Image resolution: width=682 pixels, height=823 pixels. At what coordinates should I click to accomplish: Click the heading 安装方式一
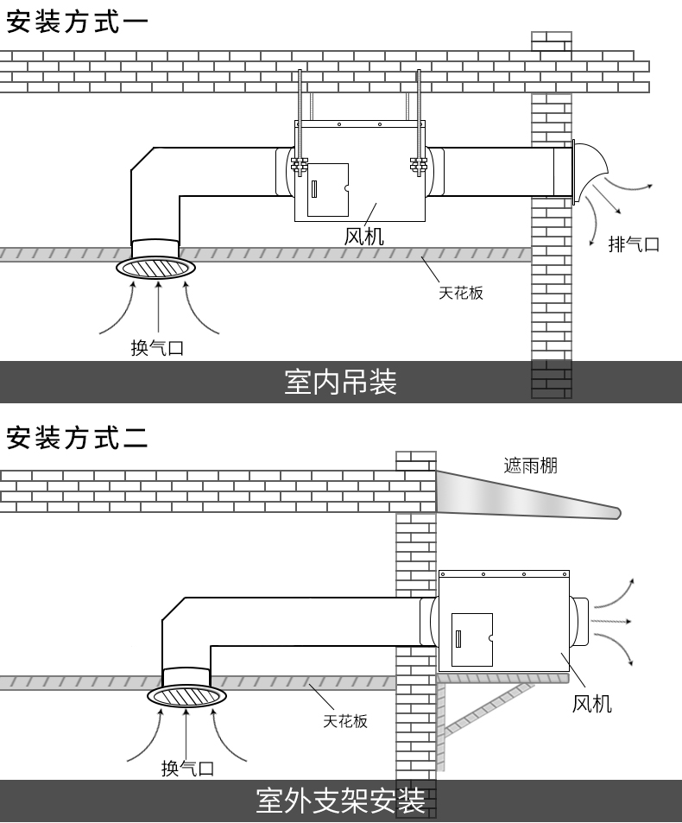pyautogui.click(x=76, y=22)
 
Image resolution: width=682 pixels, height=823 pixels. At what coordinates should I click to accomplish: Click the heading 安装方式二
pyautogui.click(x=76, y=438)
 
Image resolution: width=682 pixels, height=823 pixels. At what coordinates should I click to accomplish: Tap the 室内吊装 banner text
pyautogui.click(x=340, y=382)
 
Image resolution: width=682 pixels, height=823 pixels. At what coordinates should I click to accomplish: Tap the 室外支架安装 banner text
pyautogui.click(x=340, y=801)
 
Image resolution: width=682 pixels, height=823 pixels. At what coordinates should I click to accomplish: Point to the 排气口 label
pyautogui.click(x=634, y=244)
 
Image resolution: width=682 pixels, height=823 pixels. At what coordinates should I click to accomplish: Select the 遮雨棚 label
pyautogui.click(x=530, y=466)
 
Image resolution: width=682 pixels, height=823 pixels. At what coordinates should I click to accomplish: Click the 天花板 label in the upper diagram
pyautogui.click(x=460, y=293)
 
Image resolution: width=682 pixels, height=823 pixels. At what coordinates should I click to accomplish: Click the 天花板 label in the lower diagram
pyautogui.click(x=345, y=720)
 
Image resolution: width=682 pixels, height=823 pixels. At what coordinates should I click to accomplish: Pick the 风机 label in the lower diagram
pyautogui.click(x=592, y=704)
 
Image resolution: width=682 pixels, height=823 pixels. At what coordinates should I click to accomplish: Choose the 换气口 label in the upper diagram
pyautogui.click(x=157, y=348)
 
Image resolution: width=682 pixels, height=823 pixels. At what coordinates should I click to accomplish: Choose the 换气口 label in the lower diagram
pyautogui.click(x=187, y=768)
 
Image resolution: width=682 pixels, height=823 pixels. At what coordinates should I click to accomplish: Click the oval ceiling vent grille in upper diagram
pyautogui.click(x=157, y=268)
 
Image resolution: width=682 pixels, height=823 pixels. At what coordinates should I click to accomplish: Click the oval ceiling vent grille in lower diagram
pyautogui.click(x=186, y=696)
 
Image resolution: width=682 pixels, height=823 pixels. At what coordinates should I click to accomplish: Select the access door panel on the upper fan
pyautogui.click(x=328, y=189)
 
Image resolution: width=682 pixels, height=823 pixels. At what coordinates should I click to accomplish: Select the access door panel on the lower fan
pyautogui.click(x=471, y=639)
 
